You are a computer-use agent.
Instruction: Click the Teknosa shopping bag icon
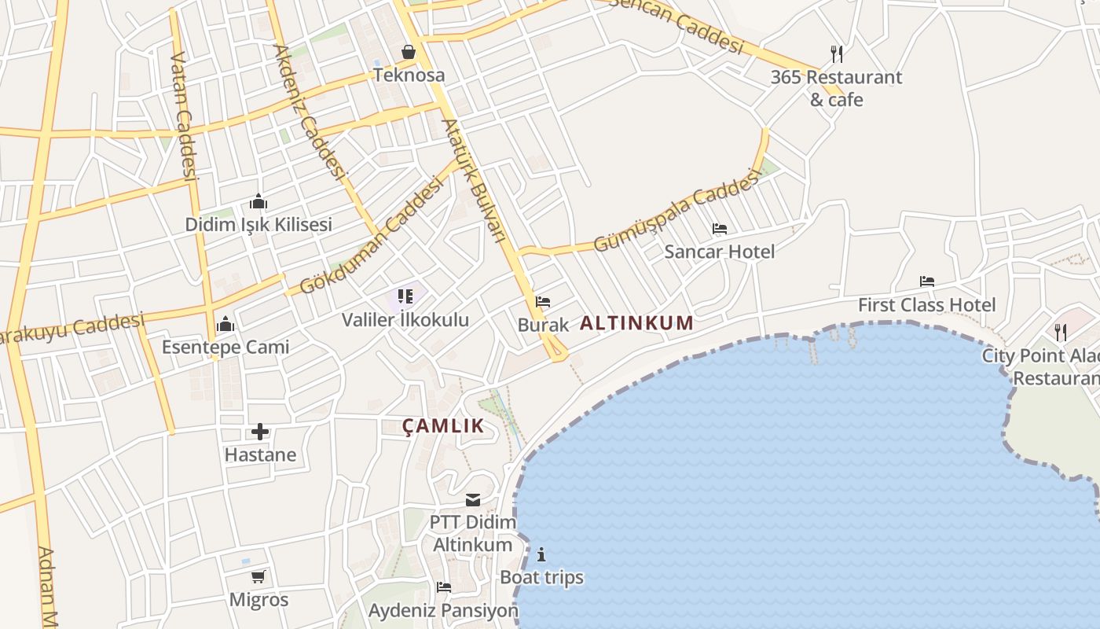coord(409,52)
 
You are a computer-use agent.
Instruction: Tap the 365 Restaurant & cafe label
coord(836,88)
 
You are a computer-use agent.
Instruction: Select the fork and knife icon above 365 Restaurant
coord(837,53)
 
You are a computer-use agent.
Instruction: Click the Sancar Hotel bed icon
coord(719,229)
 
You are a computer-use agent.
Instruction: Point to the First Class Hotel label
coord(926,304)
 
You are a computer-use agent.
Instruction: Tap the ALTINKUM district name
coord(636,322)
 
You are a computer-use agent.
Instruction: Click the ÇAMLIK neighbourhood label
coord(443,426)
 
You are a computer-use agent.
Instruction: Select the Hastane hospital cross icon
coord(260,432)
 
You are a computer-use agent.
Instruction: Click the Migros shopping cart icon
coord(258,576)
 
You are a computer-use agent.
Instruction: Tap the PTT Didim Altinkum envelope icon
coord(473,500)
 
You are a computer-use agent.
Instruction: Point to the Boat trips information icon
coord(541,554)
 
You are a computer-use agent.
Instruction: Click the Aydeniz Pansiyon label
coord(443,610)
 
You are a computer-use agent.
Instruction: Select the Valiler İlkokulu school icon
coord(405,296)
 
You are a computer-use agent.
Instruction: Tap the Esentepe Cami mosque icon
coord(225,324)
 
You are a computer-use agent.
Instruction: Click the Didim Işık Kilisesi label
coord(258,224)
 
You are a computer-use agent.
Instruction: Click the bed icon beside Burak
coord(542,301)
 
